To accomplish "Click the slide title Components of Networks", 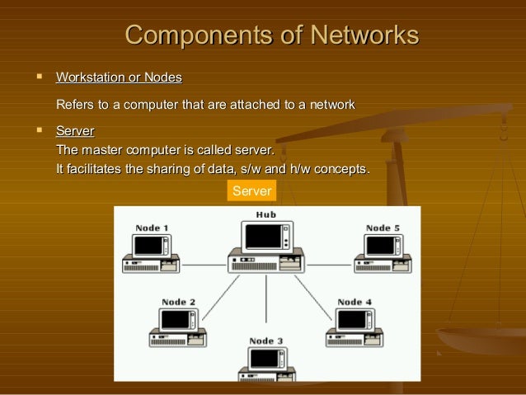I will (271, 35).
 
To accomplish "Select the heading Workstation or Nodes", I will (119, 78).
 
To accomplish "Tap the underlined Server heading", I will (74, 131).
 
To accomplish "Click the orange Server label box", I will (251, 191).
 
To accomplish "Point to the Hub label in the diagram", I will (265, 214).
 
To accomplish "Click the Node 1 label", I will (152, 228).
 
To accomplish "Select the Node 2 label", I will (179, 302).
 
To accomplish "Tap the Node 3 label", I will (266, 341).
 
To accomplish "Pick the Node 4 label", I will (355, 302).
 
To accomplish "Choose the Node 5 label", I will (383, 228).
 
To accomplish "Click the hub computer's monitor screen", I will (263, 237).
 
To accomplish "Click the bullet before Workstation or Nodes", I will (38, 77).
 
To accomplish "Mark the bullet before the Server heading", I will (38, 130).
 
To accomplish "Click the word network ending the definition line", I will (330, 105).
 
